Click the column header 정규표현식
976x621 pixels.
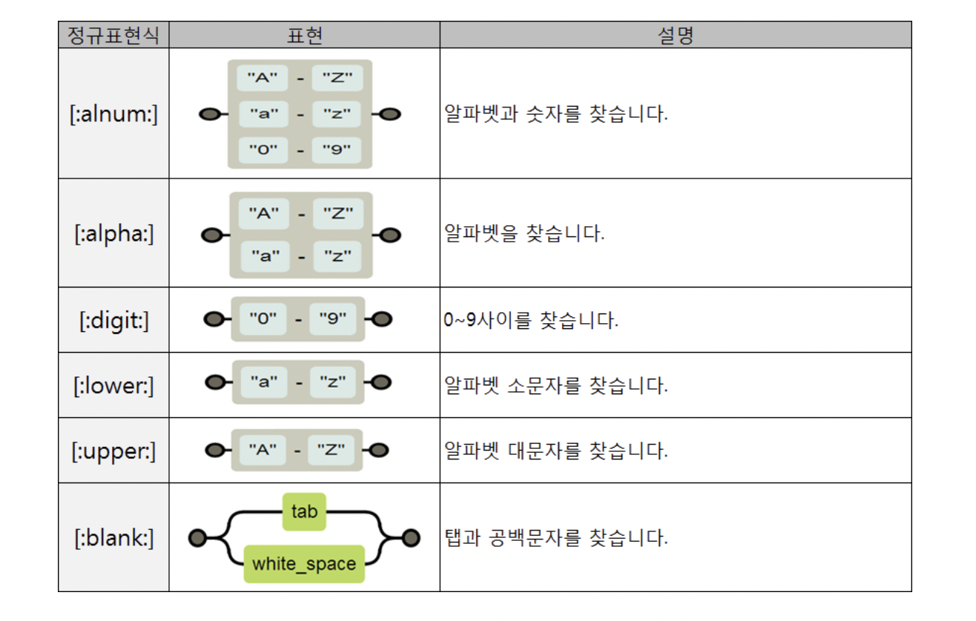pos(113,36)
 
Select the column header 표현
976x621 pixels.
pos(304,36)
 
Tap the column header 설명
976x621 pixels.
pos(675,36)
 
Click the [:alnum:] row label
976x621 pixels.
pos(113,114)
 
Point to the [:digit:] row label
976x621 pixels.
pos(113,320)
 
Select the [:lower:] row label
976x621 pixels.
pos(113,385)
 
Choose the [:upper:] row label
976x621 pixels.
pos(113,451)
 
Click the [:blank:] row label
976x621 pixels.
pos(113,538)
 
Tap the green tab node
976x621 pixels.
pos(304,511)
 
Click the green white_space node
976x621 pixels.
pos(304,564)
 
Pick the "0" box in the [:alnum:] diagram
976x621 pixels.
pos(263,150)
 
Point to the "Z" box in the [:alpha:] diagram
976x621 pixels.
pos(337,213)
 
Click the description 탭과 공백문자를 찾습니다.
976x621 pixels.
pos(555,538)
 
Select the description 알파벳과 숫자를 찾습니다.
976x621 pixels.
pos(555,115)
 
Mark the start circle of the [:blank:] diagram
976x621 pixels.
pos(197,538)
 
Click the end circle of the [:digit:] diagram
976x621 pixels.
pos(383,320)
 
